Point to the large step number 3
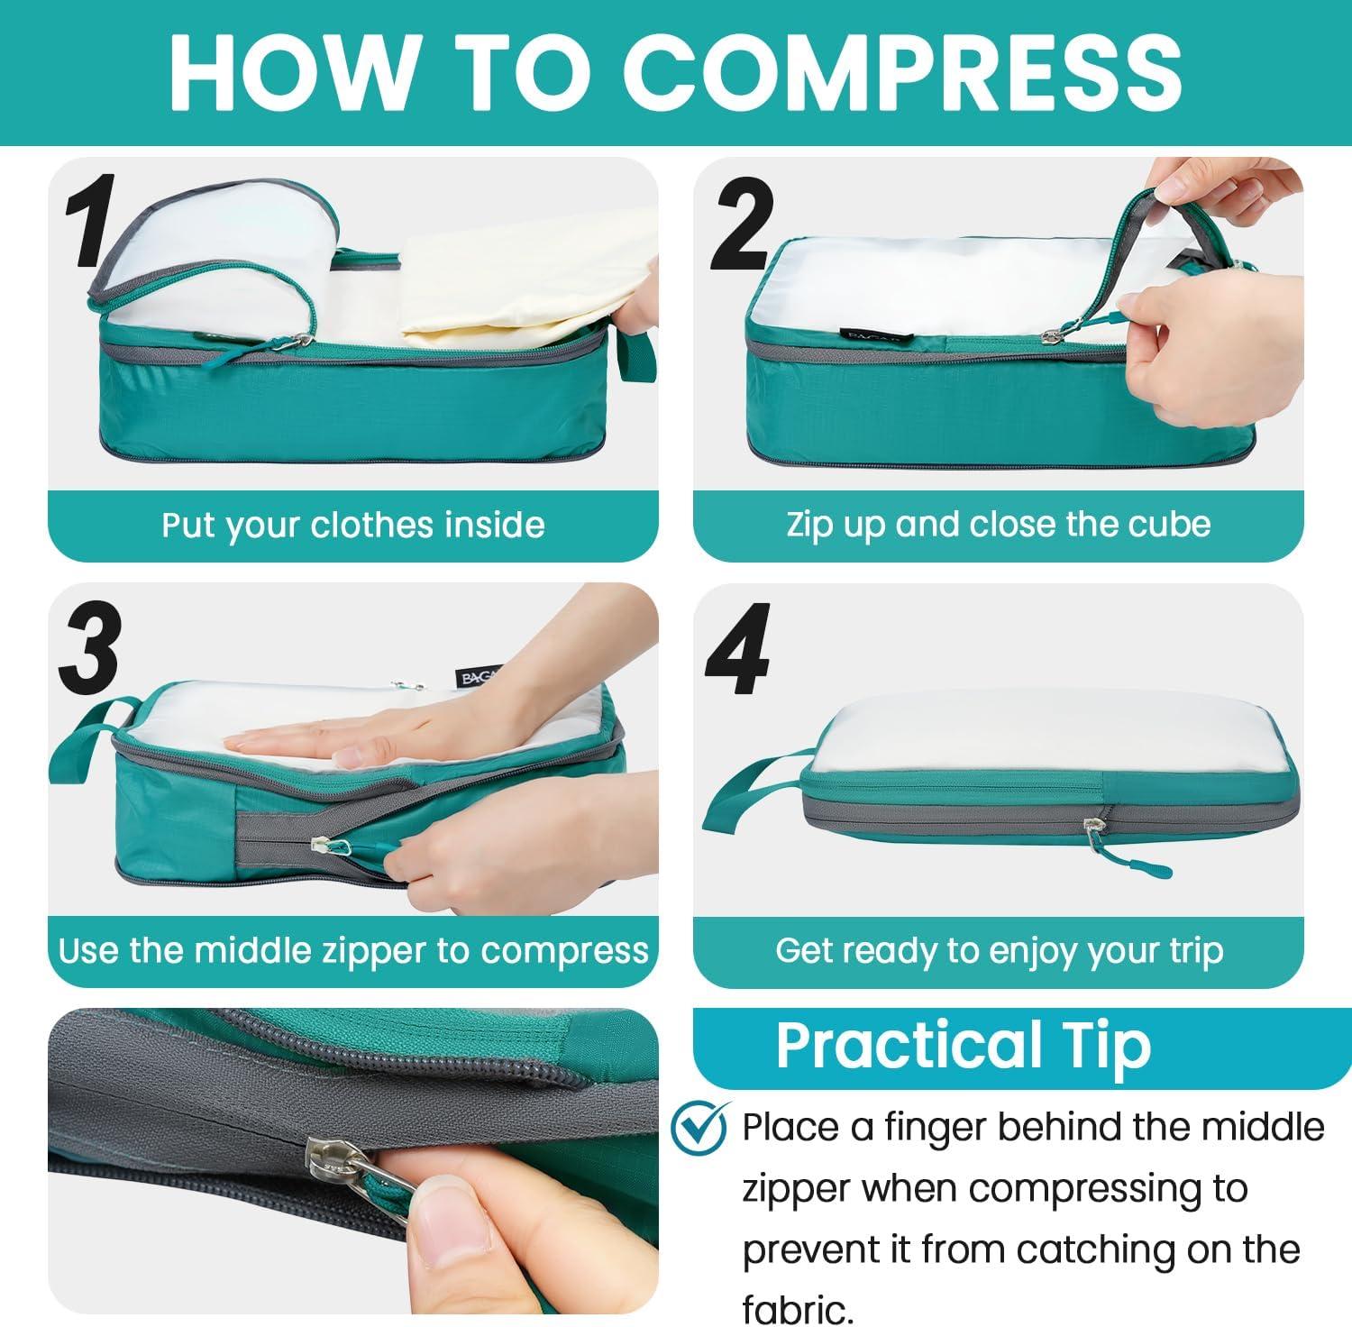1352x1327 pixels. point(89,647)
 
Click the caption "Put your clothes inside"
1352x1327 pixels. point(353,525)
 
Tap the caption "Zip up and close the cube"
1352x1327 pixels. point(999,524)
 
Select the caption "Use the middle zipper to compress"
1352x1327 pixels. point(353,950)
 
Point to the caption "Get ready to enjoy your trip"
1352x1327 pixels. point(999,950)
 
